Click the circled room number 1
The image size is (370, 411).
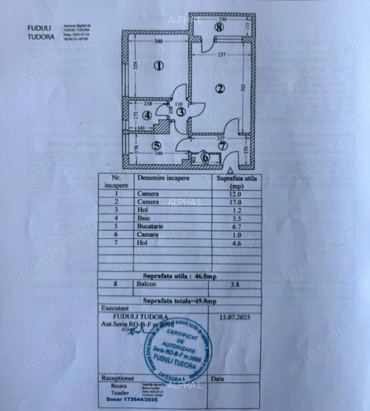[159, 66]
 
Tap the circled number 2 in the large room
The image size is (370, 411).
[220, 89]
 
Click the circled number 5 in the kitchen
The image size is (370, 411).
[157, 146]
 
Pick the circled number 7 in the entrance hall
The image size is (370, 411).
[222, 147]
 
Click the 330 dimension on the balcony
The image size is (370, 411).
[222, 20]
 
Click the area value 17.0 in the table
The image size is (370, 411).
[236, 201]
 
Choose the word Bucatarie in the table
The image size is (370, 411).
[150, 226]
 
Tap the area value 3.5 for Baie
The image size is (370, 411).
[236, 218]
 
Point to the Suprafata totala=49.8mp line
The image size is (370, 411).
[180, 301]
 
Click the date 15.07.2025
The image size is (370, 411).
[235, 316]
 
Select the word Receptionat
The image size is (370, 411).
[118, 378]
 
